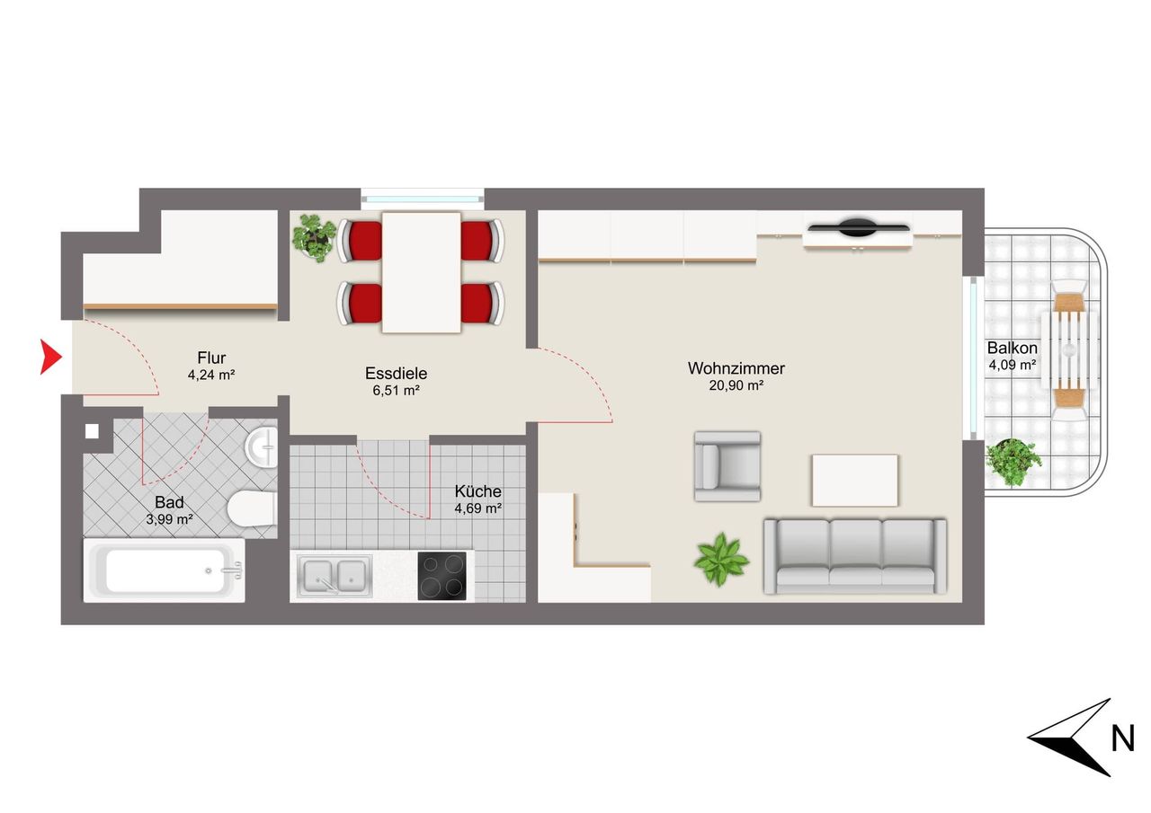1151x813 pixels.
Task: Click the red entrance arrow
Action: [x=49, y=357]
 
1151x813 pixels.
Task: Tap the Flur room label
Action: [x=211, y=358]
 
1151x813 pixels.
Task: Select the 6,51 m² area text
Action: [x=396, y=390]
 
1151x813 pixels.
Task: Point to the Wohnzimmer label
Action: [x=736, y=368]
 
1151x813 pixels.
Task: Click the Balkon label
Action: [x=1012, y=348]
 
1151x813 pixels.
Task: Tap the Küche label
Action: [x=477, y=490]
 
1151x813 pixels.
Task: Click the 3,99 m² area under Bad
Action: [x=169, y=519]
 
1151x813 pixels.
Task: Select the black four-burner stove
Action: [x=442, y=576]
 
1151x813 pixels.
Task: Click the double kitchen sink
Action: [x=334, y=576]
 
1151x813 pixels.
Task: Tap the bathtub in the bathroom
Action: [x=164, y=570]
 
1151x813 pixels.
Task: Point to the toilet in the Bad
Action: [x=252, y=508]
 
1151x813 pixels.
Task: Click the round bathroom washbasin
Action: [x=262, y=447]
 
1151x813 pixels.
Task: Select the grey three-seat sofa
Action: [x=855, y=556]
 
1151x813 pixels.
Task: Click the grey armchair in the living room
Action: [x=727, y=466]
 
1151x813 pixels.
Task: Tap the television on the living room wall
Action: [x=858, y=227]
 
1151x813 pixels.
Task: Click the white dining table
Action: [x=422, y=272]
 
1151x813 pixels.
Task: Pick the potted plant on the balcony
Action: [x=1012, y=462]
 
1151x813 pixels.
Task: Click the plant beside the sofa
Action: [x=721, y=560]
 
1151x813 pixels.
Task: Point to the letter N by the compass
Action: [x=1123, y=739]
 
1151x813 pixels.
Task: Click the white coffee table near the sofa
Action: [x=855, y=481]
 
